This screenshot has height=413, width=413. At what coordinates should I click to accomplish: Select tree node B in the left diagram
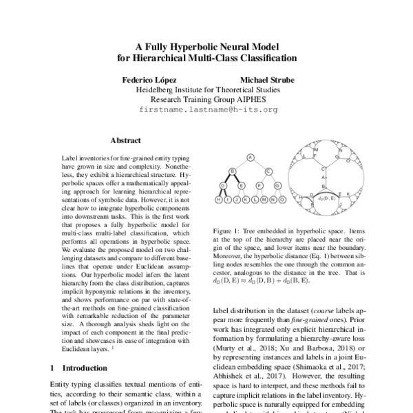pos(233,171)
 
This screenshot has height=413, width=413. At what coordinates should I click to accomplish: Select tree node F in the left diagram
pos(260,185)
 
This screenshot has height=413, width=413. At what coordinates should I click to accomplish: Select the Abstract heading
pos(125,140)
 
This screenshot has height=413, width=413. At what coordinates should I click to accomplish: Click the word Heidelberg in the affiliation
pos(159,89)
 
